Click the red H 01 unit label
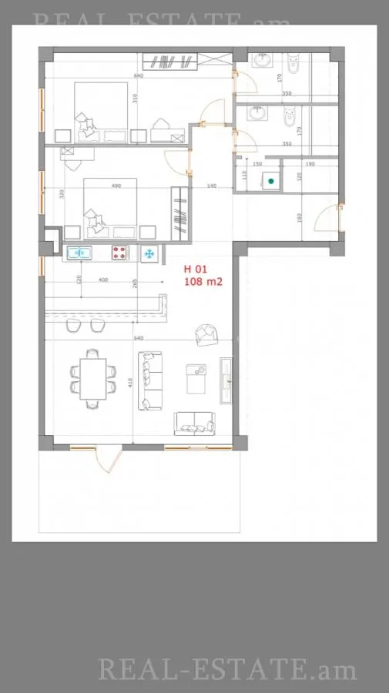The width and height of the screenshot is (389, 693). pyautogui.click(x=196, y=269)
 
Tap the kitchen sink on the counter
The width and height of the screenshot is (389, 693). pyautogui.click(x=79, y=253)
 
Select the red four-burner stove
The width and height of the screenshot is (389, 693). pyautogui.click(x=119, y=253)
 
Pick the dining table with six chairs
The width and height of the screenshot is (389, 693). pyautogui.click(x=93, y=378)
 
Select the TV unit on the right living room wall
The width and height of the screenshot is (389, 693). pyautogui.click(x=226, y=381)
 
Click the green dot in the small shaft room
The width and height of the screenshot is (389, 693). pyautogui.click(x=270, y=181)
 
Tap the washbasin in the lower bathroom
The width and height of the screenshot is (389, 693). pyautogui.click(x=256, y=114)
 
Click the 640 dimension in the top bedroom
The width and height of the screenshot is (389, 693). pyautogui.click(x=139, y=75)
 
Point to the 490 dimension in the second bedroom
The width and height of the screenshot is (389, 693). pyautogui.click(x=117, y=186)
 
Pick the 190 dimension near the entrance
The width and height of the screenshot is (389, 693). pyautogui.click(x=310, y=164)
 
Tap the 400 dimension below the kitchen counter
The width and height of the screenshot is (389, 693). pyautogui.click(x=103, y=280)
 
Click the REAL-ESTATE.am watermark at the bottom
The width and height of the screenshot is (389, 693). pyautogui.click(x=227, y=669)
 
